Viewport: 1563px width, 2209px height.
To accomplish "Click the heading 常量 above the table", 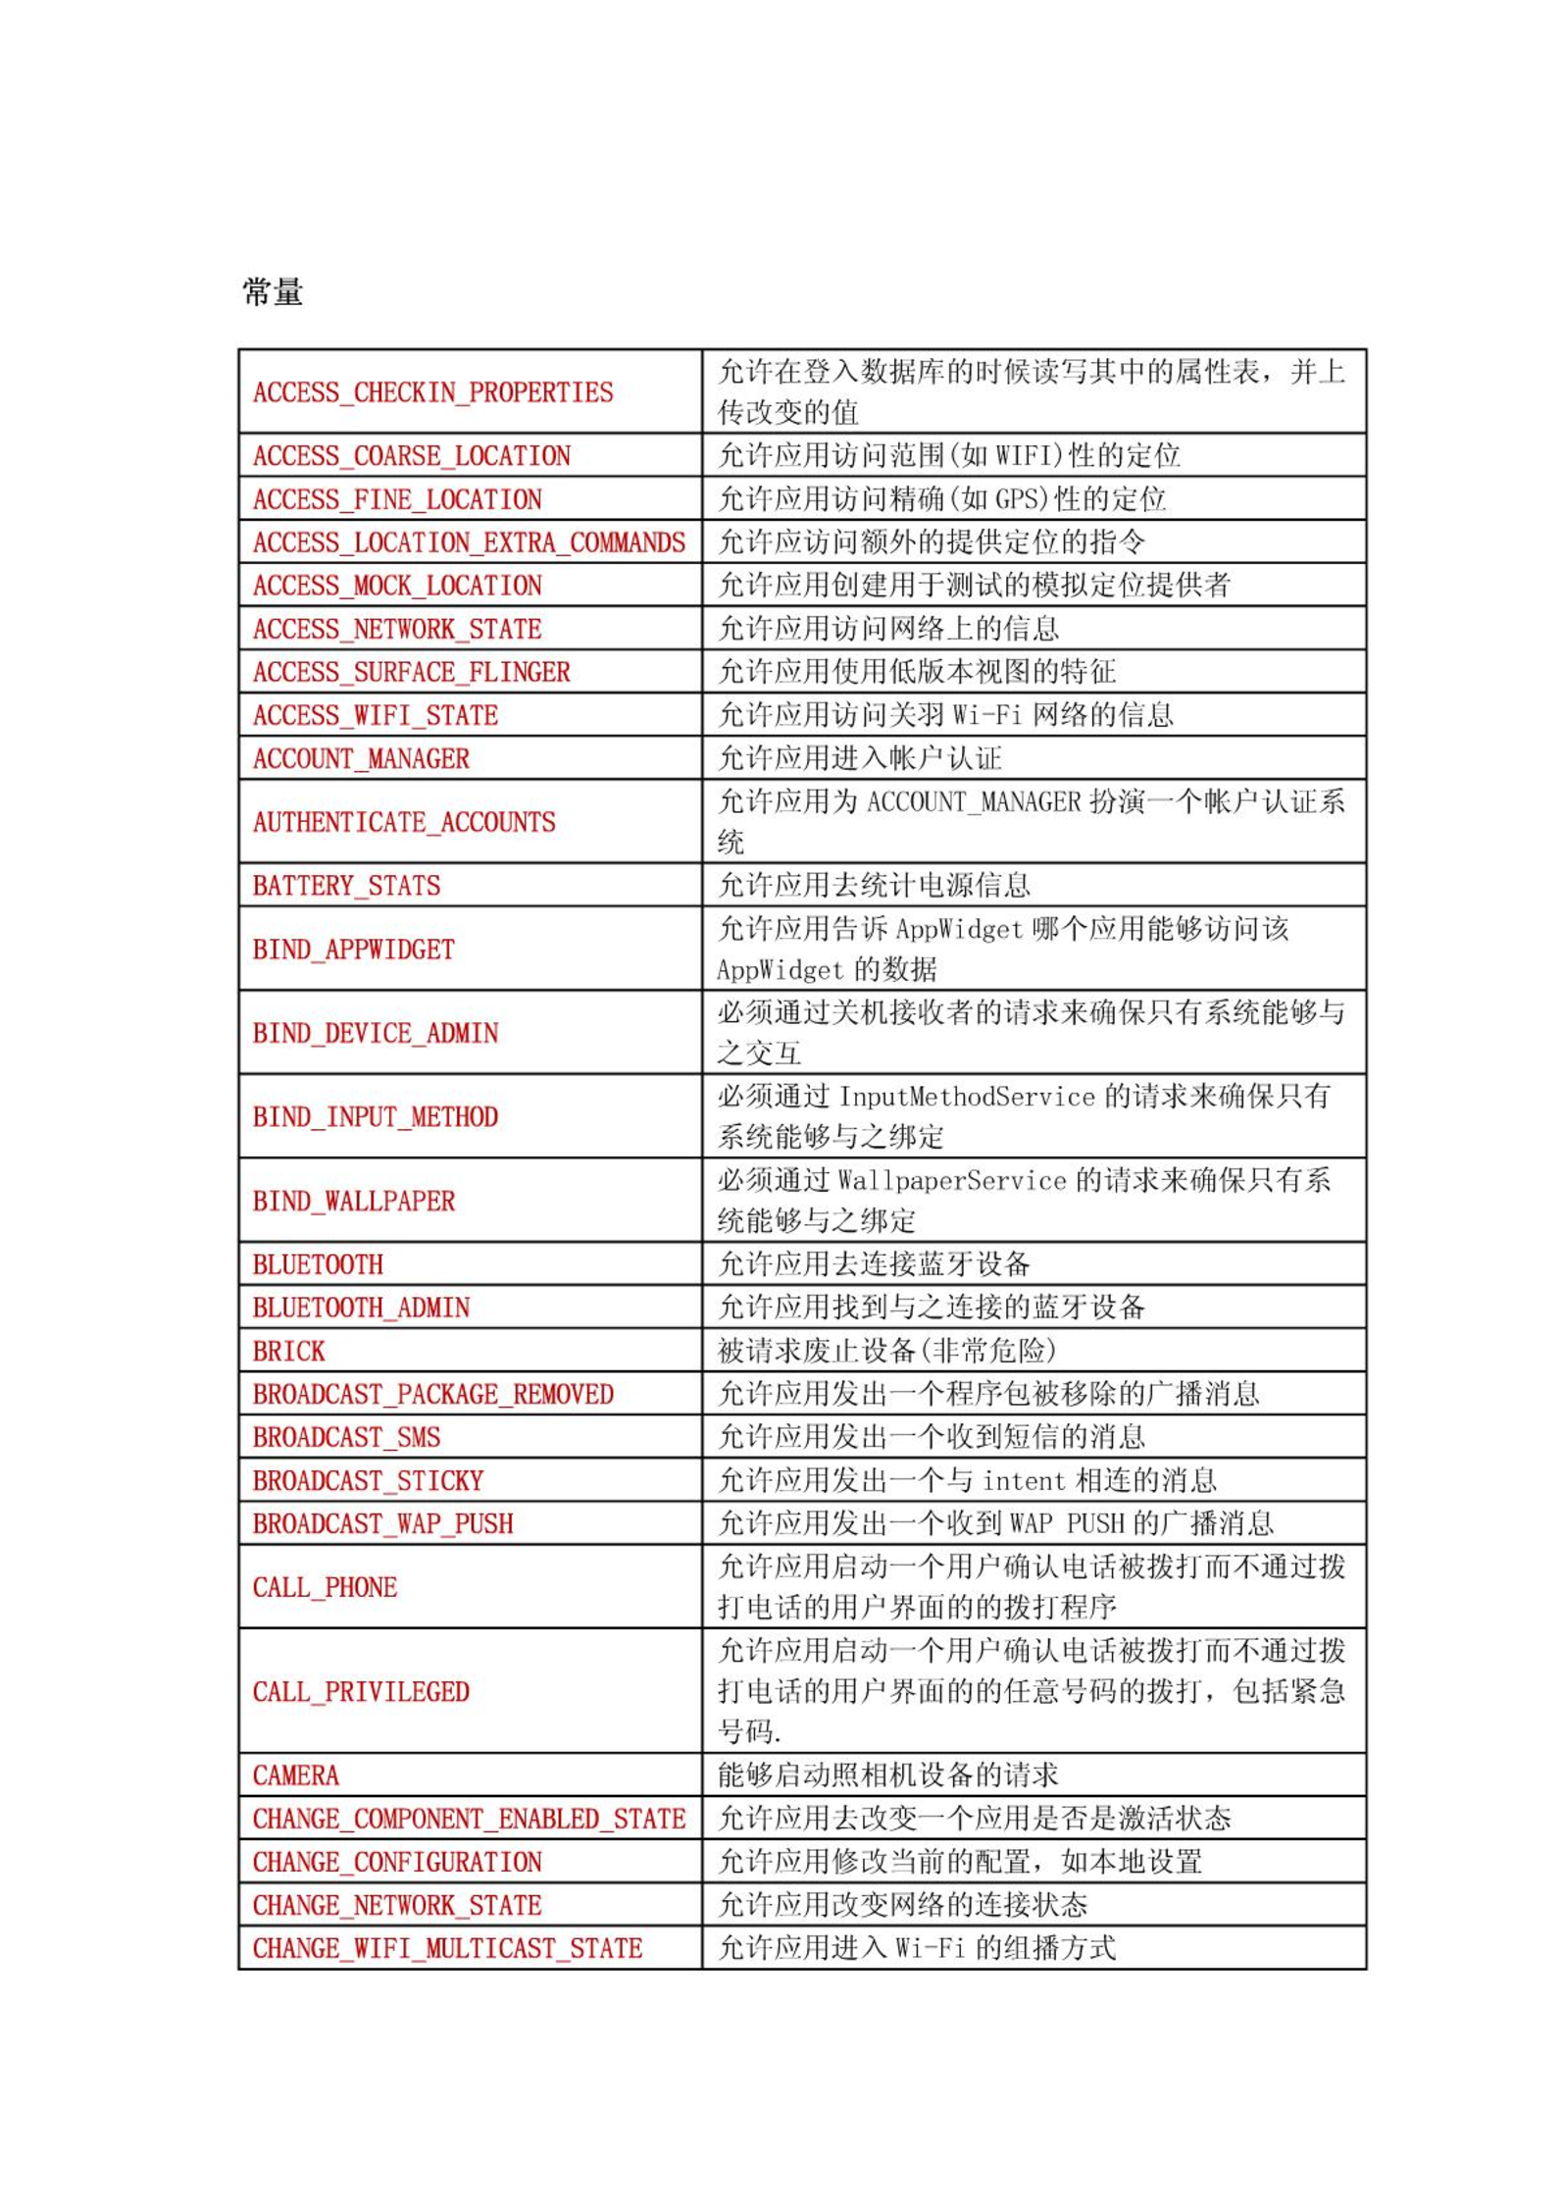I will [x=273, y=291].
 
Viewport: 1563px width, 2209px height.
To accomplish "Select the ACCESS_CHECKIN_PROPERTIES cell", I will [x=432, y=392].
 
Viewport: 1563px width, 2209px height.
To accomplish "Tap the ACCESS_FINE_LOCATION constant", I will [x=397, y=499].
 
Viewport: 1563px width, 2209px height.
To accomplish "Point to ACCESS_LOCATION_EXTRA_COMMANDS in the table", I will [x=469, y=542].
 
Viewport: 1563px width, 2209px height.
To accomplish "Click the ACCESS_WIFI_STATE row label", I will [x=375, y=715].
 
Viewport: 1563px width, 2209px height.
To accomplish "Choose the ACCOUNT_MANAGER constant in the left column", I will [x=361, y=758].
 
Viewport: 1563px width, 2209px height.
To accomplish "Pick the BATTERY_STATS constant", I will [x=346, y=886].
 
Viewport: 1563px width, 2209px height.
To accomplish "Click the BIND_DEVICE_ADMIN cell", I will [x=375, y=1033].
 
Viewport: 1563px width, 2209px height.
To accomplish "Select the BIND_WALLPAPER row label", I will [x=353, y=1201].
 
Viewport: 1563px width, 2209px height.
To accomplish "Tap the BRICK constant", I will [x=288, y=1351].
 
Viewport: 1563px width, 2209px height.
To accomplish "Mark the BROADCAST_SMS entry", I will [x=346, y=1437].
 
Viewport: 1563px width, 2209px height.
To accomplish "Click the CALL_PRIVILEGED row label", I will [x=361, y=1692].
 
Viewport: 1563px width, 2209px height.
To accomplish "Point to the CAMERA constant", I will [x=295, y=1775].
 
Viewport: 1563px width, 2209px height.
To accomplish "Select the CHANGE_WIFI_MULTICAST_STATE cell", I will [x=447, y=1948].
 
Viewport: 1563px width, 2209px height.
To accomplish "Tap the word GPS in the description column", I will [x=1021, y=499].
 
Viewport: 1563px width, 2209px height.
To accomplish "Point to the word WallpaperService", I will [x=951, y=1180].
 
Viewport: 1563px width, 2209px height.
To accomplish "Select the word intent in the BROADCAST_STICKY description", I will [x=1023, y=1480].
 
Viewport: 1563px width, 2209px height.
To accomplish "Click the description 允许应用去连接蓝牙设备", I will [x=874, y=1264].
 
